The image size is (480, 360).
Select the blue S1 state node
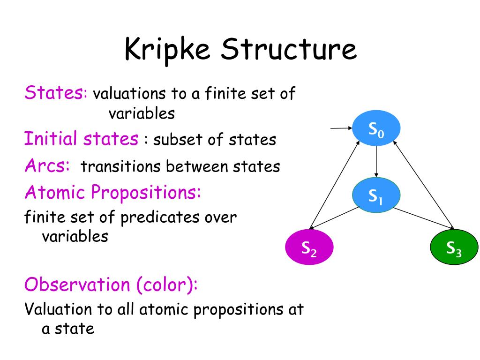point(376,194)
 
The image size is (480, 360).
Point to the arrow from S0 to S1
point(376,162)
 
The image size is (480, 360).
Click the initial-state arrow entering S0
point(341,127)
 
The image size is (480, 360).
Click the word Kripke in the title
point(167,50)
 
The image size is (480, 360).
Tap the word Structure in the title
point(289,50)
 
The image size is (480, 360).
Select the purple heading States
point(54,92)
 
